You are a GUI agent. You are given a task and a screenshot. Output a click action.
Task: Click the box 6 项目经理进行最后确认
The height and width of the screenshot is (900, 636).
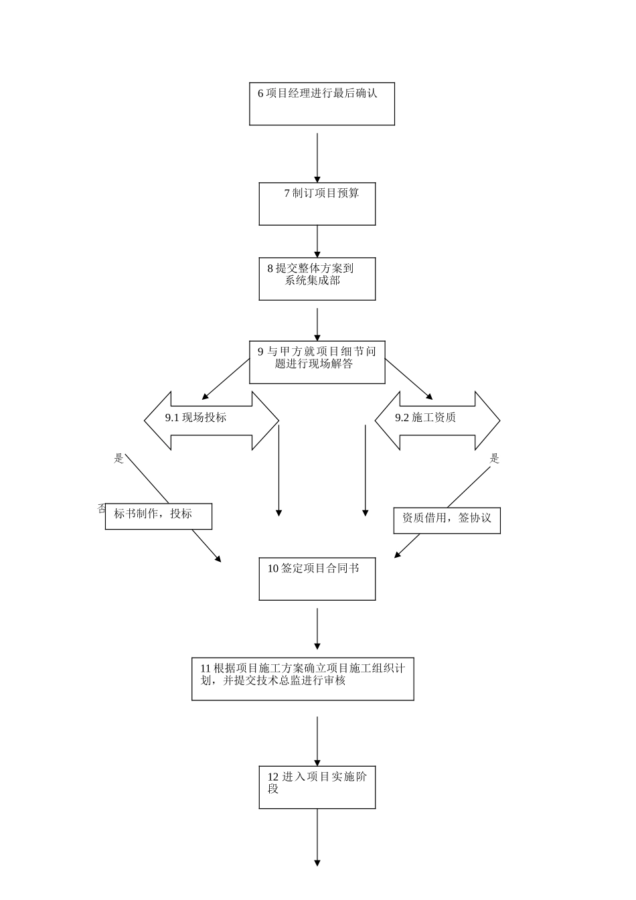click(321, 104)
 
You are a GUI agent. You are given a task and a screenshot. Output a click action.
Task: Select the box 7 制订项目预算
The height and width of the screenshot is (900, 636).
click(317, 204)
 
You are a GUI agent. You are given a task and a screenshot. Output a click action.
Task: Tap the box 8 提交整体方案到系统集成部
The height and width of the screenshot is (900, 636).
click(317, 279)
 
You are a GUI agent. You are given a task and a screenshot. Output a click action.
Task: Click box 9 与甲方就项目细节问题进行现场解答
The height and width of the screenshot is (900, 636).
click(317, 362)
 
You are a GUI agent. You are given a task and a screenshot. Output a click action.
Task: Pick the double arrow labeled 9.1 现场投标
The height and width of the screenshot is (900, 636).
click(211, 420)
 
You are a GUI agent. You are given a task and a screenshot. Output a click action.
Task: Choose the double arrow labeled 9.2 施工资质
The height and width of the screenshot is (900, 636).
click(437, 420)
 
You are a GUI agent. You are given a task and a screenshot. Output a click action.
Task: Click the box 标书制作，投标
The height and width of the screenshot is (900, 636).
click(158, 516)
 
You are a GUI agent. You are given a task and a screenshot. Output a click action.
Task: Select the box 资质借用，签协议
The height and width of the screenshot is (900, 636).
click(447, 520)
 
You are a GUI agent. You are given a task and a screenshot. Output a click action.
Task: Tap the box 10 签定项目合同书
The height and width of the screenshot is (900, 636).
click(317, 579)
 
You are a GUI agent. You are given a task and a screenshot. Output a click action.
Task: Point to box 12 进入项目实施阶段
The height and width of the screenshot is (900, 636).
click(317, 787)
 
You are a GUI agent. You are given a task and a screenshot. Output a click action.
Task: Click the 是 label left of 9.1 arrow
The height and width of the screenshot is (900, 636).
click(119, 459)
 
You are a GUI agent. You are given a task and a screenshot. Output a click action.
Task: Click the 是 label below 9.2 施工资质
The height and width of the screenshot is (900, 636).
click(495, 459)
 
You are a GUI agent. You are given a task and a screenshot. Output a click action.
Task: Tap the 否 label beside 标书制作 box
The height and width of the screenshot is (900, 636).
click(102, 508)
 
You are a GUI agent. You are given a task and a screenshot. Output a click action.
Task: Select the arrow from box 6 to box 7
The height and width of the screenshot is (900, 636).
click(317, 157)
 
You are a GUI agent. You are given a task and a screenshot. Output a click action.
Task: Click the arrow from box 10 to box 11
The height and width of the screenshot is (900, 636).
click(317, 628)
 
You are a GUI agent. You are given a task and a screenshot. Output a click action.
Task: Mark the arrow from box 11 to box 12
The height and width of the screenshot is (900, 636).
click(317, 741)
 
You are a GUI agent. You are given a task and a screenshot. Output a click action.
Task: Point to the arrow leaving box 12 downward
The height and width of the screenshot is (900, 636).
click(317, 837)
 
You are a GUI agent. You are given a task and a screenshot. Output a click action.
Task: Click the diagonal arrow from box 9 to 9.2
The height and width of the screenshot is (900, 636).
click(409, 380)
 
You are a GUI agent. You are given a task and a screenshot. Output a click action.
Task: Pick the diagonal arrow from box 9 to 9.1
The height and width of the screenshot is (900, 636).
click(225, 380)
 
